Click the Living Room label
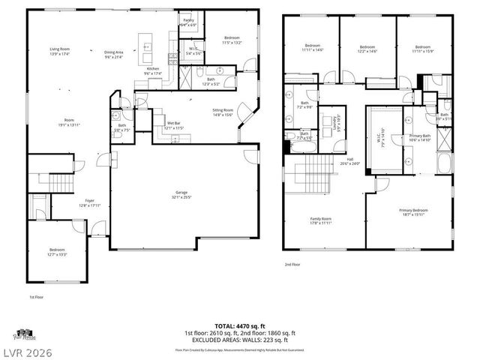point(59,50)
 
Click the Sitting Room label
point(223,111)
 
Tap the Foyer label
point(88,202)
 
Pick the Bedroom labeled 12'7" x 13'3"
point(57,251)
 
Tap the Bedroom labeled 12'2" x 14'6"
point(367,47)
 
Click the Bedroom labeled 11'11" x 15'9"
point(424,48)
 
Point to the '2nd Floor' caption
point(293,264)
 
